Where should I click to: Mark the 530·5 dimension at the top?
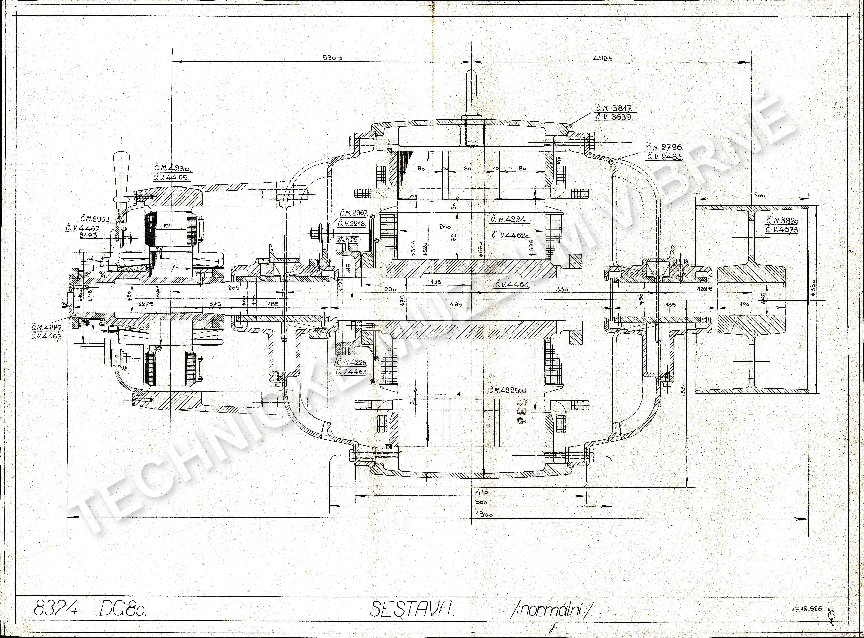pos(332,58)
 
